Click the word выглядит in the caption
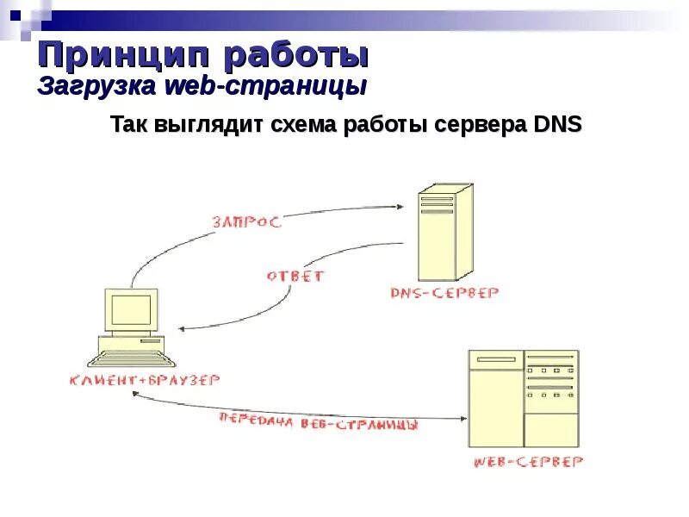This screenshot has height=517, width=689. (209, 126)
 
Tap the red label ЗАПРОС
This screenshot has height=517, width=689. (246, 221)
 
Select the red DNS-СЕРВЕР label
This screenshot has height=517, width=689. (444, 293)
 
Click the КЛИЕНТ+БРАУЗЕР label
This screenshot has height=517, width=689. (146, 379)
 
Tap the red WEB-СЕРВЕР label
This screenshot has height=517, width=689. (527, 462)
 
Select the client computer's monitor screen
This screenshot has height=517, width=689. (132, 308)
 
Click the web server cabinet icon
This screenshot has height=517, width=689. (523, 396)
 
